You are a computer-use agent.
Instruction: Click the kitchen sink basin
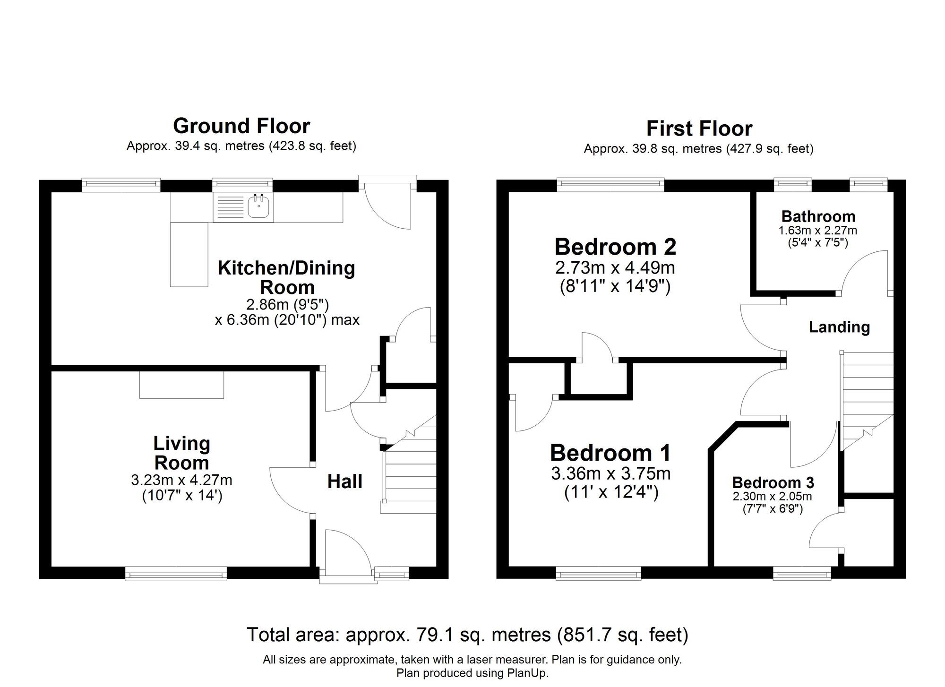click(258, 207)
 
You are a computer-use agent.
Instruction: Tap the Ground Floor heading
click(241, 126)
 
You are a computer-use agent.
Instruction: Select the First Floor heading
click(699, 129)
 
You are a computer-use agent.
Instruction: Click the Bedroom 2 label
click(615, 247)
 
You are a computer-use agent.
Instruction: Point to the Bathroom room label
click(818, 216)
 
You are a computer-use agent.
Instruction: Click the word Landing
click(839, 327)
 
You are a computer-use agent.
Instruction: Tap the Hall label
click(345, 481)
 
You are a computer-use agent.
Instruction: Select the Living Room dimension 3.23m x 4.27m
click(181, 481)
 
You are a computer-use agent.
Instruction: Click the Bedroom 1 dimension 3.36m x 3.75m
click(610, 473)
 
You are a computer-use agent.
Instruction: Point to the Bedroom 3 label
click(773, 482)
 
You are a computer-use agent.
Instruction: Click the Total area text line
click(467, 635)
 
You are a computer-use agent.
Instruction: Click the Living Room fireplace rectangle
click(181, 385)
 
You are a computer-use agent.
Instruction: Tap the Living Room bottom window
click(176, 574)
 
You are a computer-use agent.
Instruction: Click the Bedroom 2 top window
click(610, 184)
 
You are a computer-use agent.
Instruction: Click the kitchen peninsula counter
click(189, 254)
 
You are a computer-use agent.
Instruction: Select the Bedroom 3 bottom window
click(802, 574)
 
